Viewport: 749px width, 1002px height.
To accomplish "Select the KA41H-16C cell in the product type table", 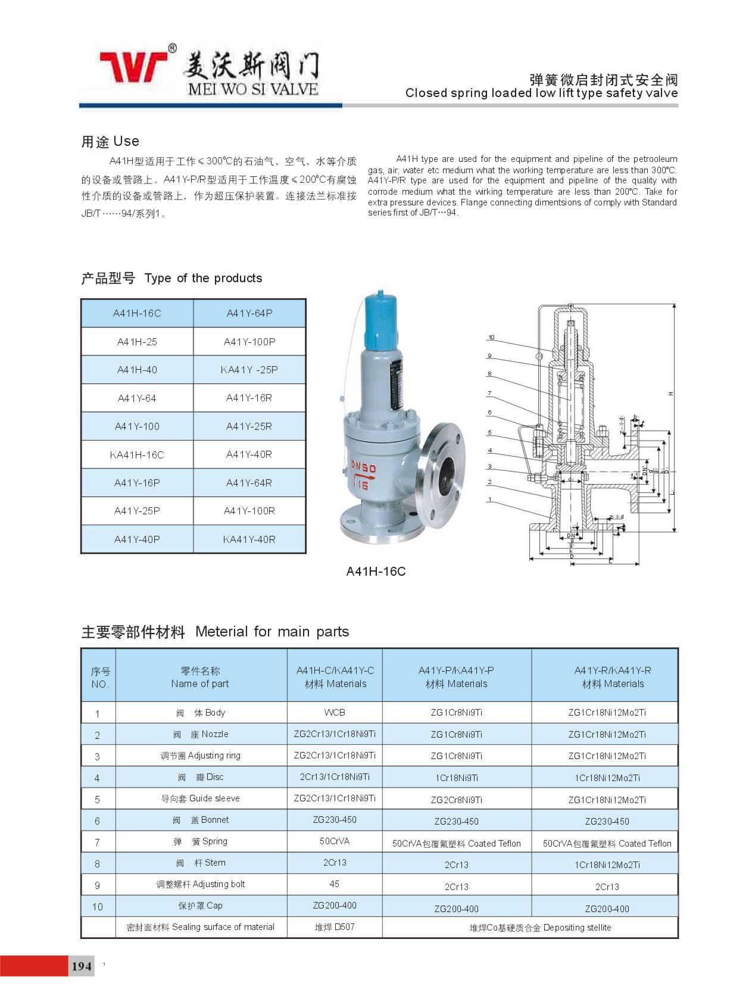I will (x=137, y=455).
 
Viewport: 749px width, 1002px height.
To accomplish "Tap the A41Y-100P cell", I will (x=249, y=342).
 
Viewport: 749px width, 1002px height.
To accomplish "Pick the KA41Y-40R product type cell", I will (x=249, y=539).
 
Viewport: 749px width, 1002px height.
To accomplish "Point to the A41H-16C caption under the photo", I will (x=376, y=572).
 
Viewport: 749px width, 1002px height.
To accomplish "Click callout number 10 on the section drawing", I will (x=491, y=338).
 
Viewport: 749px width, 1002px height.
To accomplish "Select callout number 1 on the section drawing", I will (x=489, y=500).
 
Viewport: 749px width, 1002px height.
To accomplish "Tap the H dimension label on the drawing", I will (x=670, y=394).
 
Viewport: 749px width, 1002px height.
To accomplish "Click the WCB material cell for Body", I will (x=335, y=712).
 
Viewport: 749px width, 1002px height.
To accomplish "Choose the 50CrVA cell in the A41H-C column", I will (x=335, y=841).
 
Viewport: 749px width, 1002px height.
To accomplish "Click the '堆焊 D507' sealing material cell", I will (x=335, y=927).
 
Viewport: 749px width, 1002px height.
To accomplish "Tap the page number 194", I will (x=82, y=966).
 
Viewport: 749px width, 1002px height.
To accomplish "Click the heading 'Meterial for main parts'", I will (x=272, y=632).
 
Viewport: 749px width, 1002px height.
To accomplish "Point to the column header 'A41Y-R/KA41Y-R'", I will (x=613, y=670).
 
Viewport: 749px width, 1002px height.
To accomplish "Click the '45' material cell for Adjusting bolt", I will (x=335, y=884).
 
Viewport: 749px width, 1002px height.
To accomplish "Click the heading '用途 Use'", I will (x=110, y=141).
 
